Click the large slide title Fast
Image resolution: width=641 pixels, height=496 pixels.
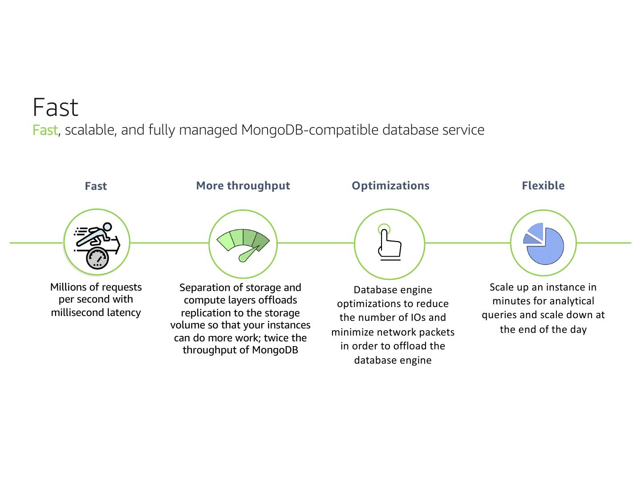(56, 107)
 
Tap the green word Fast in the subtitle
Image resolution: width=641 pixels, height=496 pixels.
(45, 130)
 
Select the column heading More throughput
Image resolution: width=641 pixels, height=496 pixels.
(243, 185)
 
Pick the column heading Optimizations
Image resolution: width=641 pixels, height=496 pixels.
(390, 185)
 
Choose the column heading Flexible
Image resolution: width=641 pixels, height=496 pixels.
(543, 185)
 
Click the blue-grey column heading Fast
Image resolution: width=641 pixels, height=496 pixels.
(96, 186)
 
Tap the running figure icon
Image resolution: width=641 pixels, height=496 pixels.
(95, 235)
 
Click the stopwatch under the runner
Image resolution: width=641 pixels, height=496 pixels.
(97, 258)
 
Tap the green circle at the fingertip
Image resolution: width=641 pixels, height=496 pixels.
(384, 230)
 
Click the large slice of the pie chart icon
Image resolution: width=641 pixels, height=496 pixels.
(547, 247)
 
